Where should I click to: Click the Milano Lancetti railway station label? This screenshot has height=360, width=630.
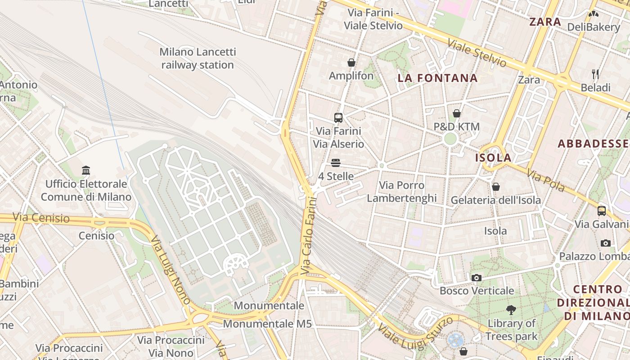198,58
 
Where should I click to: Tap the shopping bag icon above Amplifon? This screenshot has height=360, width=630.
351,63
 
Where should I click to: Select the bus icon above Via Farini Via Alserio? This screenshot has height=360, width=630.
338,118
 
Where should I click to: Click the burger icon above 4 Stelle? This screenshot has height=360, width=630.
336,163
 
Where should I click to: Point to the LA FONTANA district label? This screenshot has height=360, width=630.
437,78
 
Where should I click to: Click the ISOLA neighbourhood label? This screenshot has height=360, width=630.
493,158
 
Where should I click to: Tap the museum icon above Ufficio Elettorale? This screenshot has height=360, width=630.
86,171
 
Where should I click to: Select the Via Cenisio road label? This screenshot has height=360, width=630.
41,218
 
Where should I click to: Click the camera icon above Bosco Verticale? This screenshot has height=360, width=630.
477,278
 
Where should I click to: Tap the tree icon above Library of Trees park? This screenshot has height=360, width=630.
511,310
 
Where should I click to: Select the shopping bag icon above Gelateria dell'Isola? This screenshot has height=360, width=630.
496,187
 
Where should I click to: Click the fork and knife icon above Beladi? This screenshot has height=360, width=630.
595,74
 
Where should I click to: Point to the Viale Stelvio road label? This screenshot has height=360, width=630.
477,53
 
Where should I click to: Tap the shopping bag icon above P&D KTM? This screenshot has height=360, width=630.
457,113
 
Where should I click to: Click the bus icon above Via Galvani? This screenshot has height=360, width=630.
602,211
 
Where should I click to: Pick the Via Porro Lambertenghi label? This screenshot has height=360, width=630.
402,192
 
